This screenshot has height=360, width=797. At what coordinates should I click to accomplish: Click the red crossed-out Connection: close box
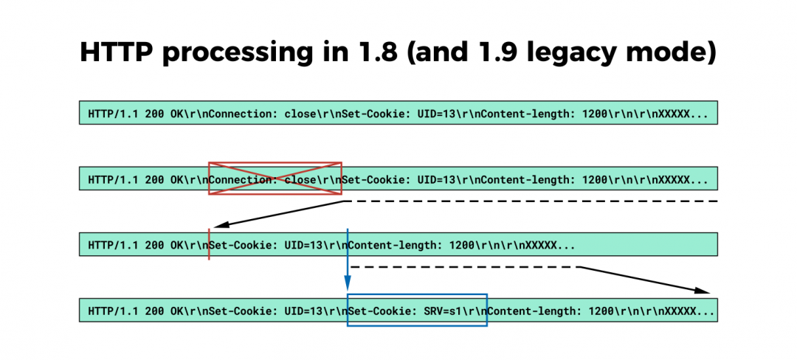click(275, 179)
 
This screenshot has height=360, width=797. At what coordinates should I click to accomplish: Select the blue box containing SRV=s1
click(417, 311)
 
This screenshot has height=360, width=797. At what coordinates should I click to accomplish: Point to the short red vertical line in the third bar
click(210, 244)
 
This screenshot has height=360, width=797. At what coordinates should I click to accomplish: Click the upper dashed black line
click(531, 201)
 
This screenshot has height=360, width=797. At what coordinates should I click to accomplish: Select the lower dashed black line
click(465, 266)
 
